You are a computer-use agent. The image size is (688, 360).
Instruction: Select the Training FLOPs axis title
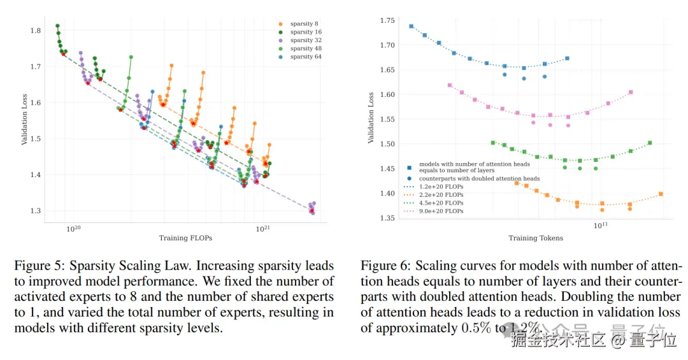[x=185, y=238]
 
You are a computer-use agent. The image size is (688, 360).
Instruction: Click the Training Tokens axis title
[x=535, y=238]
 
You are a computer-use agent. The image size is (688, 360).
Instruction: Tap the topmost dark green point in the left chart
[x=57, y=26]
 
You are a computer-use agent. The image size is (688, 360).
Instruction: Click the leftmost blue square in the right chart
[x=411, y=27]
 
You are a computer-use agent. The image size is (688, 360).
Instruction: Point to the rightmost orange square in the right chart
[x=661, y=194]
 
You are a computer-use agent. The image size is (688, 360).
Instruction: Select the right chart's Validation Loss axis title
[x=371, y=117]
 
